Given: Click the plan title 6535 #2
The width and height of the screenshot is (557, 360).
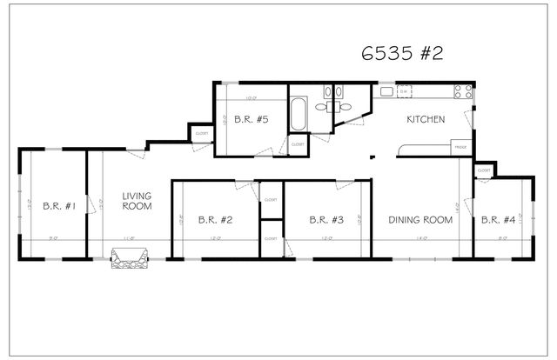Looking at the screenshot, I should [x=402, y=53].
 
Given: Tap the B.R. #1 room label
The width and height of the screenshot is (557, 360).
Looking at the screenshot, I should [x=59, y=207].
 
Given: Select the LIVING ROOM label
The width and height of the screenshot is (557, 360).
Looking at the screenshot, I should [x=137, y=201].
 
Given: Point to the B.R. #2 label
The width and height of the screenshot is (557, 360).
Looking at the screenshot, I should [x=214, y=220].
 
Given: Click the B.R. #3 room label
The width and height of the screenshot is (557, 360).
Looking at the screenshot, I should [x=326, y=220].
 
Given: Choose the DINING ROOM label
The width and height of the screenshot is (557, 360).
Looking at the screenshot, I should [x=420, y=220].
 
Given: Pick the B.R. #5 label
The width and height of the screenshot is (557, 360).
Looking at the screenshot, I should [x=249, y=123].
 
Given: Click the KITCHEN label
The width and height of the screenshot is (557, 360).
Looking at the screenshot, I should [x=426, y=119].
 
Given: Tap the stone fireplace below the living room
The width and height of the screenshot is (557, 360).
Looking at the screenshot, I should [x=129, y=258].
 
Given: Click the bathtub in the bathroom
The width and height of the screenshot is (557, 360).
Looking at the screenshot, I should [x=298, y=113].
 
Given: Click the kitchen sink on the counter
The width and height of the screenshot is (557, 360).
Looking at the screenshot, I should [x=387, y=90].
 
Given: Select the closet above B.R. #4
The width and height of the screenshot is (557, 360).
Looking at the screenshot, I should [x=483, y=171].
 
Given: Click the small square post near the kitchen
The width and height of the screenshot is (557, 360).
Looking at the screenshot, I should [x=372, y=157].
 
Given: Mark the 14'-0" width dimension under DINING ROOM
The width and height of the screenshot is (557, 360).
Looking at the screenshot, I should [x=421, y=238].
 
